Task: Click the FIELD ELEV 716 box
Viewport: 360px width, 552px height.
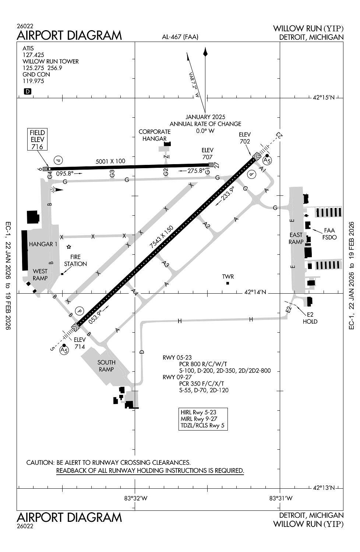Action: [x=37, y=139]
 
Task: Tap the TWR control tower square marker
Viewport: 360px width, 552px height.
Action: [x=227, y=283]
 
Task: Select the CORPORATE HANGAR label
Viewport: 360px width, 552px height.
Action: [x=155, y=135]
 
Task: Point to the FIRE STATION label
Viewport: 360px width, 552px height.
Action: [x=75, y=261]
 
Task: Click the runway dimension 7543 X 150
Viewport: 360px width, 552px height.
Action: [x=161, y=242]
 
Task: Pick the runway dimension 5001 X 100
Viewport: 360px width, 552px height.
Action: [x=110, y=161]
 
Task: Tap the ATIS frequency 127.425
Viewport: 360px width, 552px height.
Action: [x=33, y=55]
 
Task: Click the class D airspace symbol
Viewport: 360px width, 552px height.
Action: [x=28, y=92]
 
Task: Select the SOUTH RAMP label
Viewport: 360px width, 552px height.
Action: [x=106, y=366]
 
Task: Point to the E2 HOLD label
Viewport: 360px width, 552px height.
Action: [x=310, y=318]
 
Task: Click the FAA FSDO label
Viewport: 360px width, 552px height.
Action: [x=329, y=234]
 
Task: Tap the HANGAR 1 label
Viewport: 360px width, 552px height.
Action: [x=43, y=244]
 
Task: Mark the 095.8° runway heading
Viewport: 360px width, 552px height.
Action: [x=65, y=173]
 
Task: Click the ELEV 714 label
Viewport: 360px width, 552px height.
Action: [x=80, y=343]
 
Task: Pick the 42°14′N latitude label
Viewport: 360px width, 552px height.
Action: [x=255, y=292]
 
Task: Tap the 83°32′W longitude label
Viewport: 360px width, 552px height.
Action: [x=135, y=498]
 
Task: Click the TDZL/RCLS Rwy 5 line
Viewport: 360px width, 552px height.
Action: [x=202, y=425]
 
